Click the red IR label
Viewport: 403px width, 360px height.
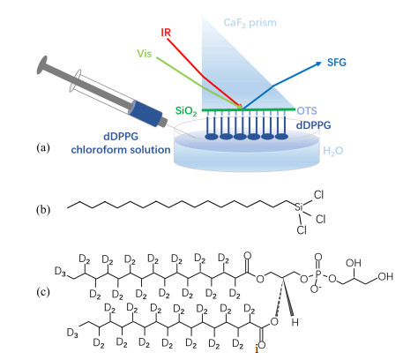tap(166, 32)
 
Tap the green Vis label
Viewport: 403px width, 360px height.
tap(145, 54)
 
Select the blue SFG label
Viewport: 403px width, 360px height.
tap(337, 63)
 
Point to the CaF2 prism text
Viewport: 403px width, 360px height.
tap(250, 23)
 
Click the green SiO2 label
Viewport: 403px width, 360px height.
tap(186, 111)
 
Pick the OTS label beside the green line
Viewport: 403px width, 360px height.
tap(307, 110)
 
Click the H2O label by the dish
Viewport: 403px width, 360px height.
tap(332, 151)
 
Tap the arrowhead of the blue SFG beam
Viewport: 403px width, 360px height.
tap(318, 64)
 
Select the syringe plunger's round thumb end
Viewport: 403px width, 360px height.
tap(41, 64)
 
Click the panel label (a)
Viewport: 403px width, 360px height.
tap(43, 147)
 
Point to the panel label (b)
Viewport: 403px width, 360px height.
tap(43, 210)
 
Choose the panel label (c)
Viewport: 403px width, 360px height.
tap(43, 292)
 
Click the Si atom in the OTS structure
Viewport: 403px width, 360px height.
tap(299, 207)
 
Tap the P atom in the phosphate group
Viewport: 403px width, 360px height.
tap(317, 274)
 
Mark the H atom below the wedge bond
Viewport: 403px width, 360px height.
tap(295, 322)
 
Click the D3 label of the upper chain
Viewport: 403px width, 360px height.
tap(60, 272)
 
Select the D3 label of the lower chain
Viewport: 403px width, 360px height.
tap(72, 334)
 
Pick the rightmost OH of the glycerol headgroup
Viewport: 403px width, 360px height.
tap(385, 276)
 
